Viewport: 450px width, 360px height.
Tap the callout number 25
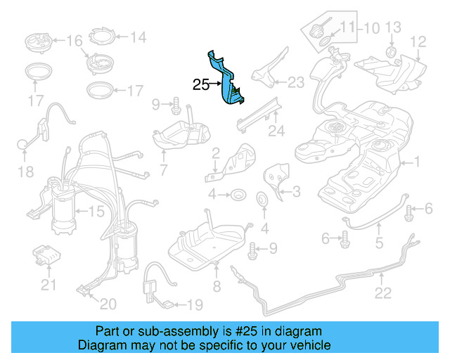[200, 85]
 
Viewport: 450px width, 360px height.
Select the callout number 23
[296, 83]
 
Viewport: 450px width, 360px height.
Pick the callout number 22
[382, 293]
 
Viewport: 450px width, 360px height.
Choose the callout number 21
[48, 285]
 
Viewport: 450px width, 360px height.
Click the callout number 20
[108, 304]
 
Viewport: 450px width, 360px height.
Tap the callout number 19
[194, 304]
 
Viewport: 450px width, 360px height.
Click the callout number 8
[217, 286]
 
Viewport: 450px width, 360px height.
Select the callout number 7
[163, 169]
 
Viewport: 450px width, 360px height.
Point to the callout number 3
[296, 191]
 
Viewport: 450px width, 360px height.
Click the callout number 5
[379, 245]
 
